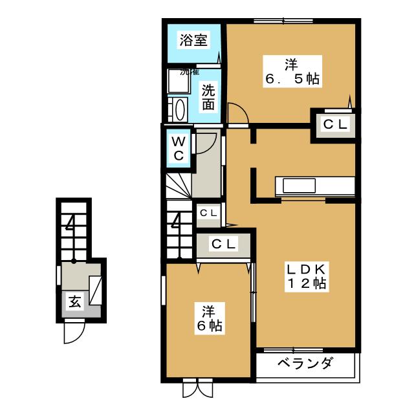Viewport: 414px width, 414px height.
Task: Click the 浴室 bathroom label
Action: tap(193, 40)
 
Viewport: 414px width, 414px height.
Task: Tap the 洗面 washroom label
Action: tap(208, 96)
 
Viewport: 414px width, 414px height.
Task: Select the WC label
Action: tap(179, 148)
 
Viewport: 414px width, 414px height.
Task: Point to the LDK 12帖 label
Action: tap(307, 276)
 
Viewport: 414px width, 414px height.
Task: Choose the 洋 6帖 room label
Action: tap(208, 319)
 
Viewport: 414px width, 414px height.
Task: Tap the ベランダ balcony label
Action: tap(305, 363)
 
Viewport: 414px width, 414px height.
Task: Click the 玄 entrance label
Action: tap(74, 302)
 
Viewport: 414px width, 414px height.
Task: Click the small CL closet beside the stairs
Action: tap(208, 212)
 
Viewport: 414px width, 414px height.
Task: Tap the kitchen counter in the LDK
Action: tap(315, 185)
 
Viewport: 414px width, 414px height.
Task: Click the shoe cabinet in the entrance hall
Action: tap(96, 289)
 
